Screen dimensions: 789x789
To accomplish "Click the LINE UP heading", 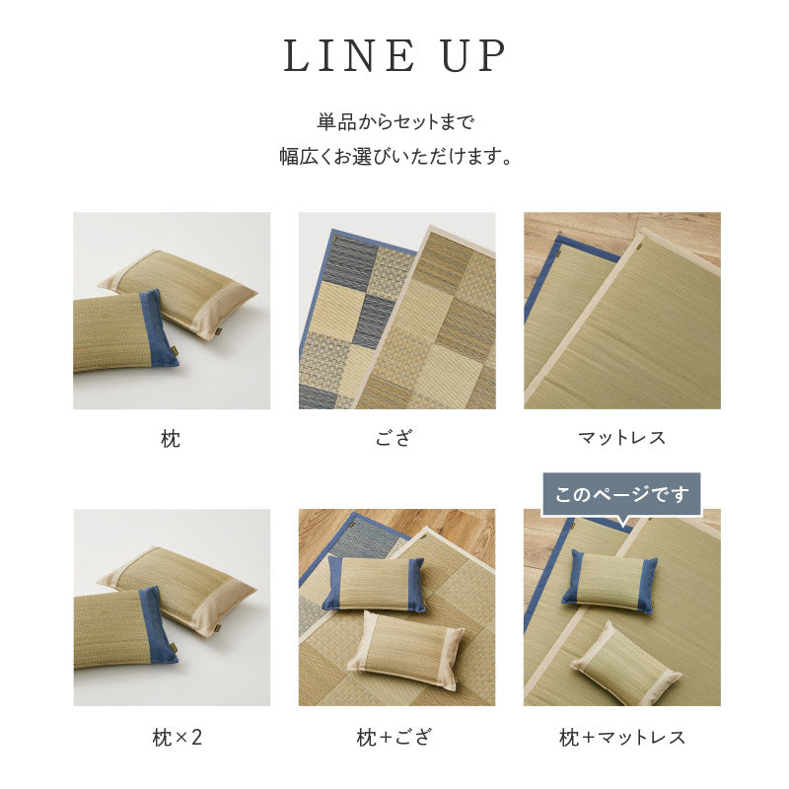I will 394,57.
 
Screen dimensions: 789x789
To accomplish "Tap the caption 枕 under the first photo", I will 171,439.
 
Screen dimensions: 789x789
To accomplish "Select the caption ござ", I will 394,439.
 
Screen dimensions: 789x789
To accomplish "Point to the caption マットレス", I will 621,438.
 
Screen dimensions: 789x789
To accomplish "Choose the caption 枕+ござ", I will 394,736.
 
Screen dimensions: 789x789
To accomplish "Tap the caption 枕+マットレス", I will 621,736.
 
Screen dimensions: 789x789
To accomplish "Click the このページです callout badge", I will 621,494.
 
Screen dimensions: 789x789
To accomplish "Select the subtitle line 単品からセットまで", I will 394,123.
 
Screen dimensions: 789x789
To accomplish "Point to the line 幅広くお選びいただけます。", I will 394,157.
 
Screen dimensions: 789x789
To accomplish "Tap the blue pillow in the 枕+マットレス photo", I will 609,582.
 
